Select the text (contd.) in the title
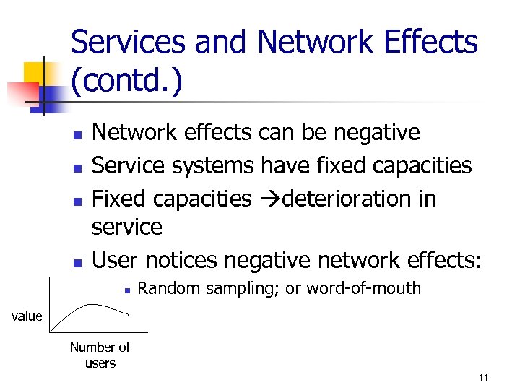126,82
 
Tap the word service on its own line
127,227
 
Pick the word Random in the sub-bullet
167,288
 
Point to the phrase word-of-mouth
363,288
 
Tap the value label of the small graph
25,316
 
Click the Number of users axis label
100,355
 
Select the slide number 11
483,378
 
